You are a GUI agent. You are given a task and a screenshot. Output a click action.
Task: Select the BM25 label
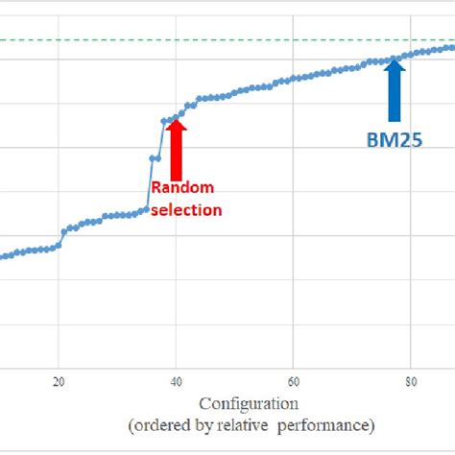(394, 140)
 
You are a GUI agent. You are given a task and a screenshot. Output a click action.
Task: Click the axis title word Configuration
(249, 403)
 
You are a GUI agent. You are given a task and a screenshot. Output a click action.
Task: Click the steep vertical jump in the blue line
(152, 182)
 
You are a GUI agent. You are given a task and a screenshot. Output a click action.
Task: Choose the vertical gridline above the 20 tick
(59, 144)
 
